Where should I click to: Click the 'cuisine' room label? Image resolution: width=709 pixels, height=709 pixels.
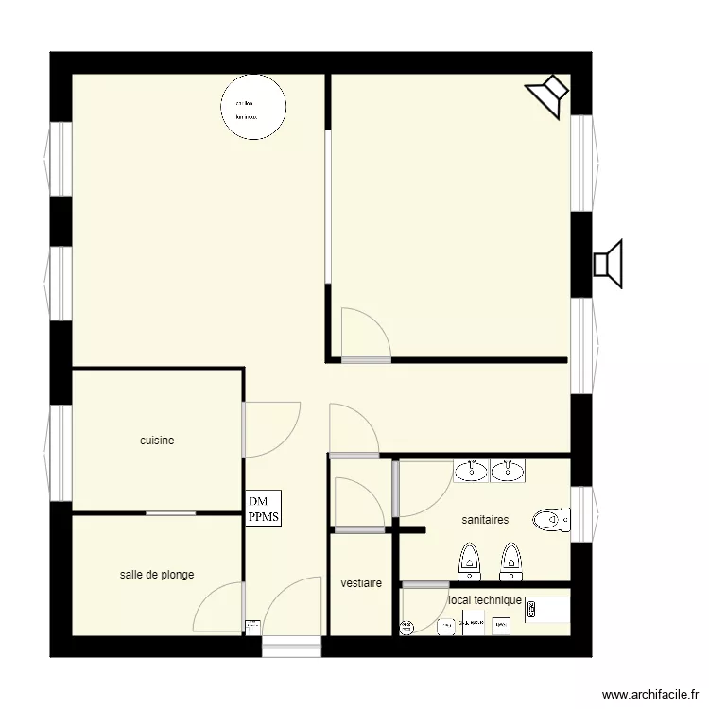pyautogui.click(x=157, y=441)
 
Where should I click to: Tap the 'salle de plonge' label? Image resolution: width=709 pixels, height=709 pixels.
pyautogui.click(x=157, y=574)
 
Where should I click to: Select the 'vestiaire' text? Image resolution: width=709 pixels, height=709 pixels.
pyautogui.click(x=361, y=583)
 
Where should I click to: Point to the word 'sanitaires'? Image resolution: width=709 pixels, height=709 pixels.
pyautogui.click(x=485, y=519)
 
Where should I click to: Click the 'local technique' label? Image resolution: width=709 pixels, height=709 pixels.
pyautogui.click(x=484, y=600)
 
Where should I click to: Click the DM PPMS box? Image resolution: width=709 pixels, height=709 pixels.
pyautogui.click(x=264, y=509)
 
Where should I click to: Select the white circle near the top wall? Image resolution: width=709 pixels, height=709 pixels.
pyautogui.click(x=253, y=107)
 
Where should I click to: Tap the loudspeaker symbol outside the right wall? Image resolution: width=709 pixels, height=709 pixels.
pyautogui.click(x=609, y=264)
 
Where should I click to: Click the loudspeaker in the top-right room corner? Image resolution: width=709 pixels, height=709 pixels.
pyautogui.click(x=547, y=91)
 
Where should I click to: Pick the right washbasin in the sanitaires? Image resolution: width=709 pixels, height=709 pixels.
pyautogui.click(x=508, y=471)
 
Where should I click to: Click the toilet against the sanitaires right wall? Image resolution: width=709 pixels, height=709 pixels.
pyautogui.click(x=551, y=519)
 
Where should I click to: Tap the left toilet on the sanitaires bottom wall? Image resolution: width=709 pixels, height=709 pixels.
pyautogui.click(x=469, y=562)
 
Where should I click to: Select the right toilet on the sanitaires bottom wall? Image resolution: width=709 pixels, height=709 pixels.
pyautogui.click(x=510, y=562)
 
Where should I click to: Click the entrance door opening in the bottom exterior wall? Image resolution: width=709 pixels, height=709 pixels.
pyautogui.click(x=291, y=647)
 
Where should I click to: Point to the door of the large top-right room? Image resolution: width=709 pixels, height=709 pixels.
pyautogui.click(x=366, y=337)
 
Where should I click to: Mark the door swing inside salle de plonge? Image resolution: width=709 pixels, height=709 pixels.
pyautogui.click(x=218, y=609)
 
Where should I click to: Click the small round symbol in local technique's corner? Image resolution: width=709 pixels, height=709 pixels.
pyautogui.click(x=407, y=626)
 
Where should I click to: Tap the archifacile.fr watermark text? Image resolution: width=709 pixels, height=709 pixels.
pyautogui.click(x=651, y=693)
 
